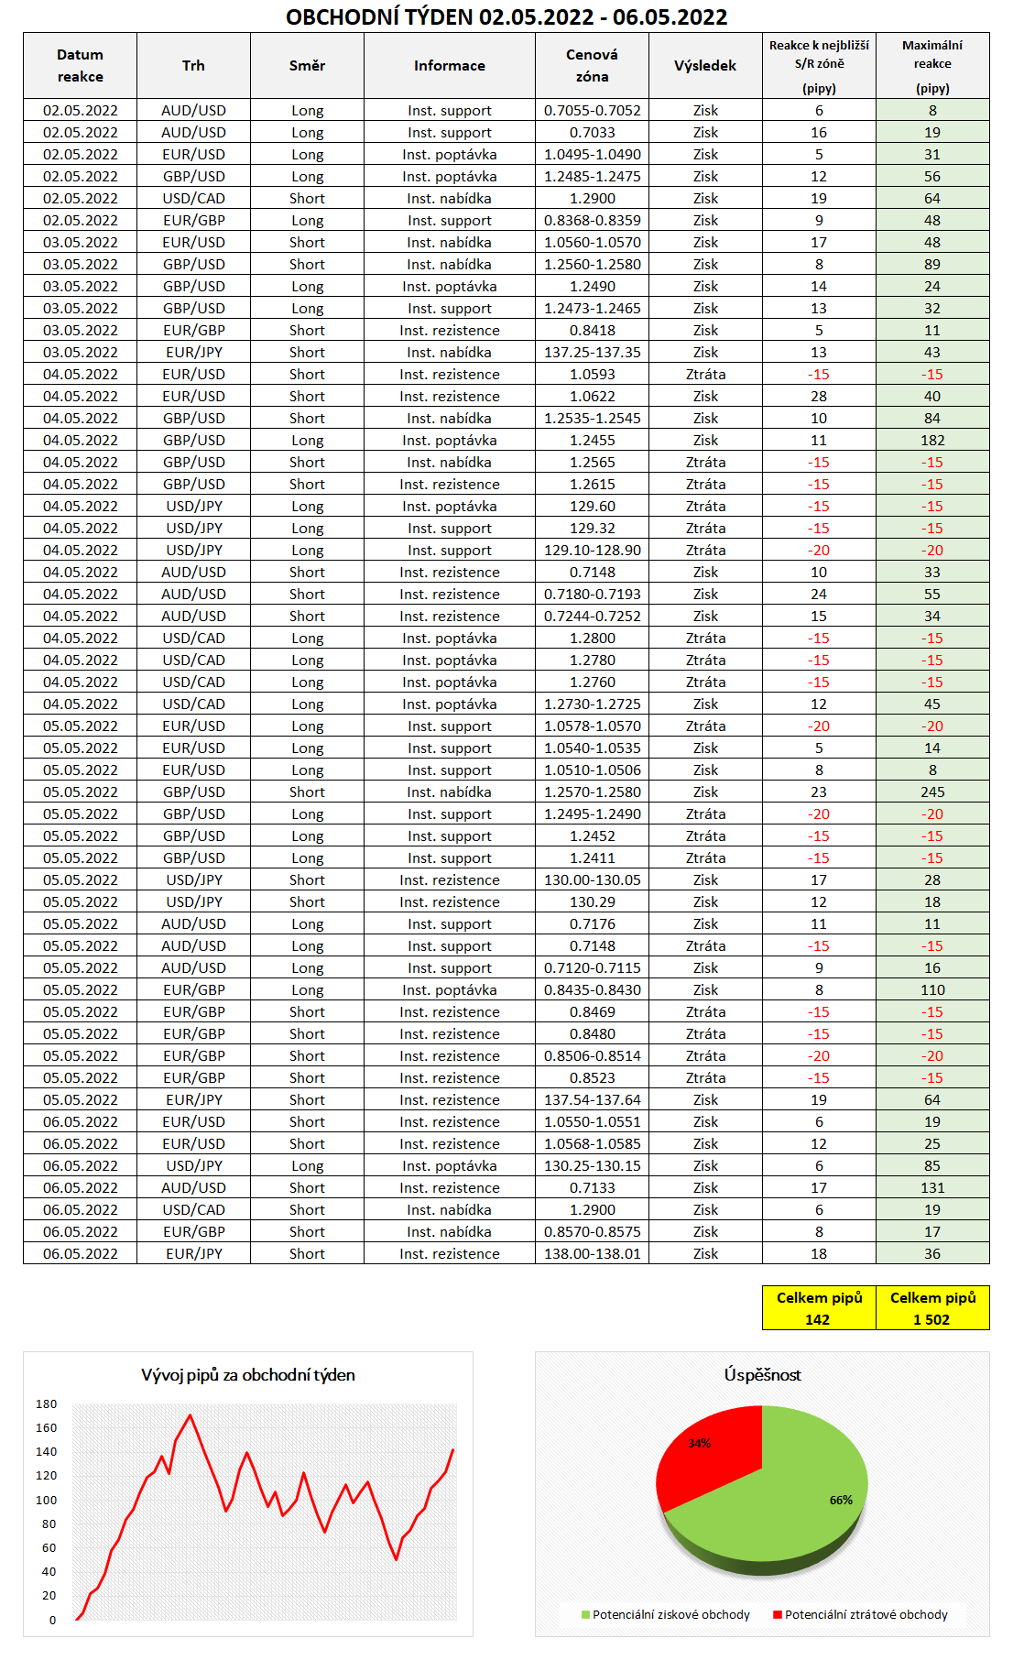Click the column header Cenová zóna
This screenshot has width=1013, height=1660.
pos(592,66)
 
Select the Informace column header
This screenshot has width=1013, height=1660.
pos(449,66)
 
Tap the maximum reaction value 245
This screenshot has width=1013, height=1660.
pos(932,792)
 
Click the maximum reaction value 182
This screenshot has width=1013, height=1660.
pos(932,440)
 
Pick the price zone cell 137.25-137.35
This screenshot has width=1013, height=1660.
pos(592,352)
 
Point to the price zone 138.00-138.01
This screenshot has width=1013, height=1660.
pos(592,1253)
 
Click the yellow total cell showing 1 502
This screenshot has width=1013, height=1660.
pos(932,1308)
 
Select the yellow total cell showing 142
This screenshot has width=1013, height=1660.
pos(818,1308)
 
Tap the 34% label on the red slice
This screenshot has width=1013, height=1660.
pos(699,1443)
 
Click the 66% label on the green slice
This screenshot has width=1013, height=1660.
pos(841,1500)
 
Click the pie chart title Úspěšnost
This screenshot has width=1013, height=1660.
pos(762,1375)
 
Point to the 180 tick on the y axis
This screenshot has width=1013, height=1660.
pos(47,1404)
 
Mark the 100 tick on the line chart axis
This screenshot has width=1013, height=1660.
pos(47,1500)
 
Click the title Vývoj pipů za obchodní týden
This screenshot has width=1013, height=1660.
pos(247,1375)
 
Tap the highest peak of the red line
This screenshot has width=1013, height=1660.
pos(191,1415)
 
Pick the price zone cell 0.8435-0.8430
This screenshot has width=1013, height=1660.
pos(592,989)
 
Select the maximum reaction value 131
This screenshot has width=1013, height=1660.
pos(932,1187)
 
